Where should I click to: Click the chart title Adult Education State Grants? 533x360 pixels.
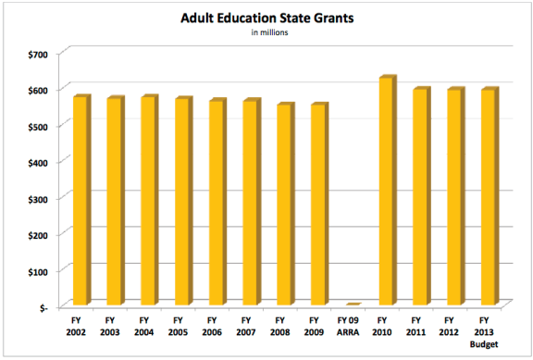click(266, 18)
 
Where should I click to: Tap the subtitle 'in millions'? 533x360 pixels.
click(266, 33)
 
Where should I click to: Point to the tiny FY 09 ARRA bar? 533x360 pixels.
click(353, 304)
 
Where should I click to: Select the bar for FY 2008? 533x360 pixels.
click(285, 205)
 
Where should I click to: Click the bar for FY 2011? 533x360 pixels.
click(421, 198)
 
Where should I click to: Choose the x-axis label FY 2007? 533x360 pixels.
click(251, 326)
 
